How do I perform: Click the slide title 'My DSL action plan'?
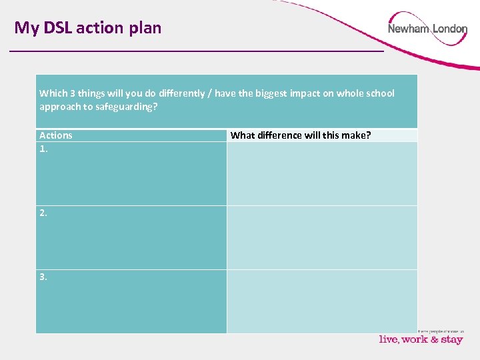point(88,28)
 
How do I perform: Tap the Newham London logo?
point(427,29)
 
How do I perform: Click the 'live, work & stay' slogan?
point(421,339)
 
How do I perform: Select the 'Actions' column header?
point(56,135)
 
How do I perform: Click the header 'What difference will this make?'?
point(301,135)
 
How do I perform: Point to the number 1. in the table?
point(43,149)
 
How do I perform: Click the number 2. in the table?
point(43,213)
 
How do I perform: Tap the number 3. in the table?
point(43,277)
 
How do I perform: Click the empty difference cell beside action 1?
point(322,173)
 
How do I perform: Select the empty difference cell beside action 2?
point(322,237)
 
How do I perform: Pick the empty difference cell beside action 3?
point(322,301)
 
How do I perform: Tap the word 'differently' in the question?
point(181,93)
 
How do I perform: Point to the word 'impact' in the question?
point(305,93)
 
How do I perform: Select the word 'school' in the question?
point(380,93)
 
